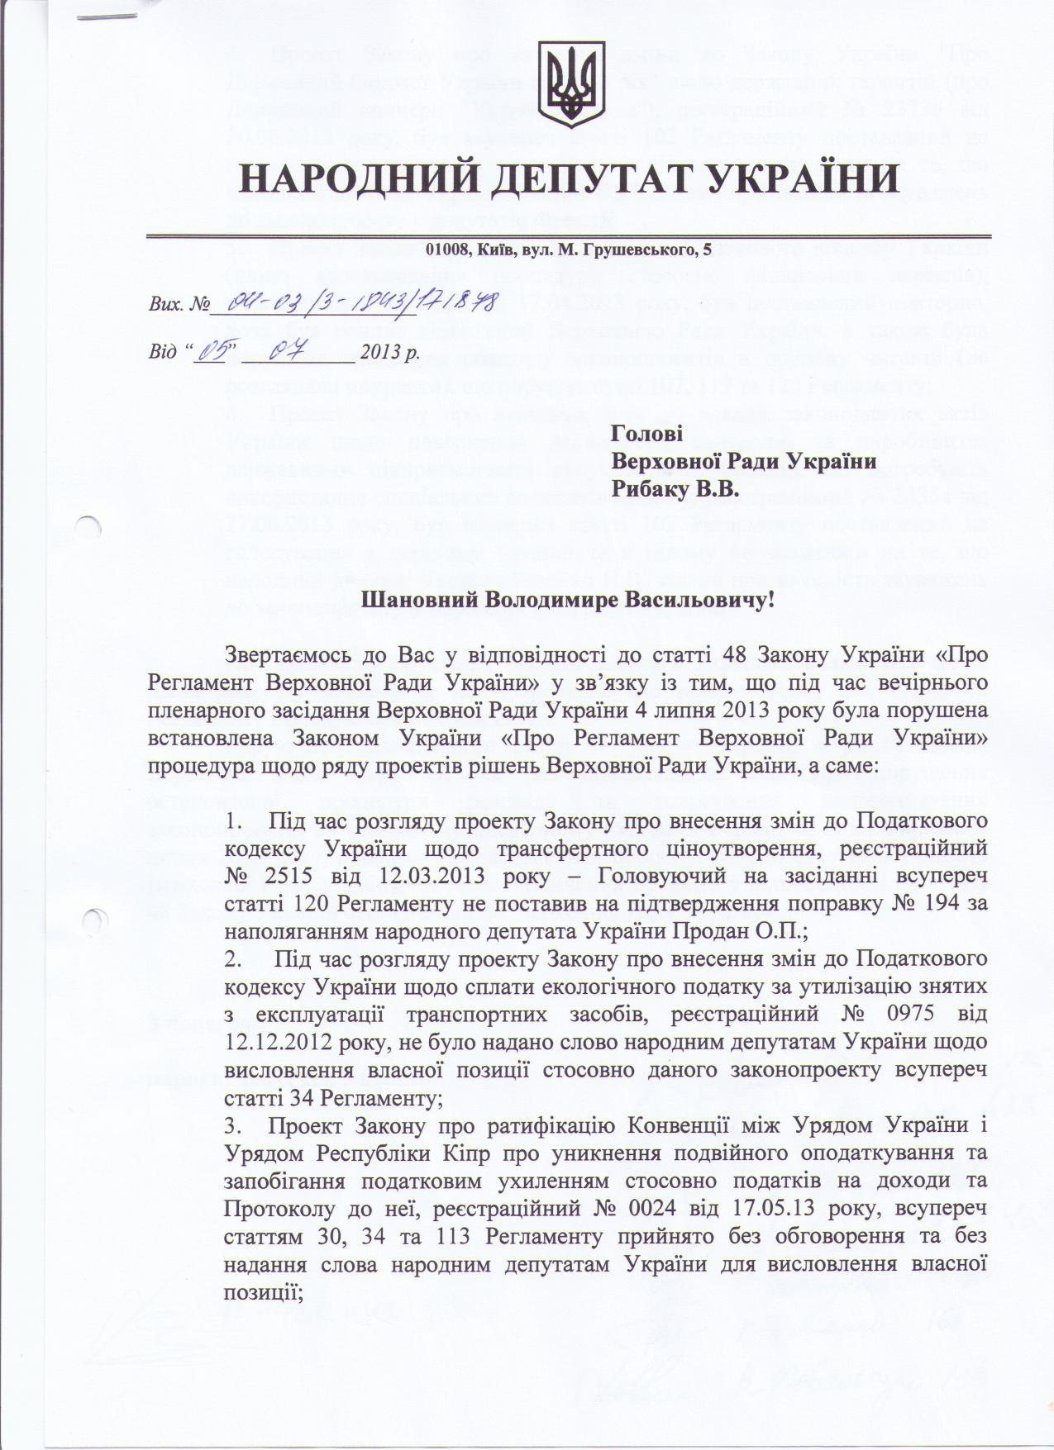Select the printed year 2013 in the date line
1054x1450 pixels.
pyautogui.click(x=379, y=352)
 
